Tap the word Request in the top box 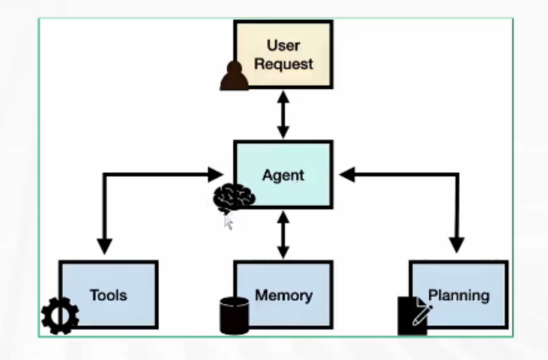click(x=283, y=64)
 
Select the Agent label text click(x=283, y=176)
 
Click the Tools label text click(x=109, y=295)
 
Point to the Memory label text click(x=284, y=295)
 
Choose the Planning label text click(x=459, y=295)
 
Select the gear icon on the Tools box click(x=59, y=316)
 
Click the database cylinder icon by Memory click(x=234, y=315)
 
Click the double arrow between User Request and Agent click(x=283, y=115)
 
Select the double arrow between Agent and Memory click(x=283, y=235)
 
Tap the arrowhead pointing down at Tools click(x=104, y=245)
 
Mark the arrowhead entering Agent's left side click(x=216, y=175)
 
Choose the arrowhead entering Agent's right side click(x=348, y=175)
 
